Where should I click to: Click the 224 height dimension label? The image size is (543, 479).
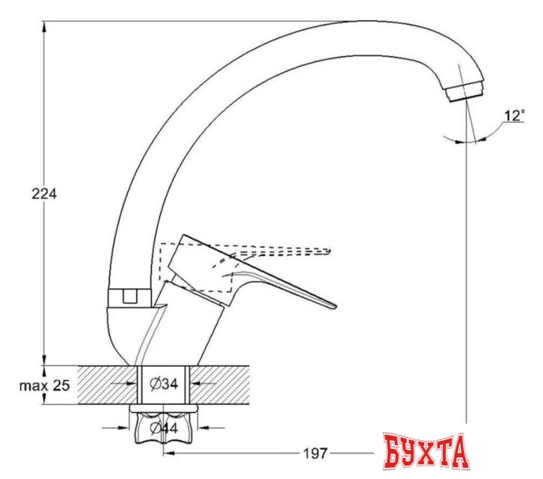click(44, 193)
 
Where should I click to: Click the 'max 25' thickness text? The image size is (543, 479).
click(44, 385)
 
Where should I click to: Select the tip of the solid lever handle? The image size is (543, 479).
click(331, 305)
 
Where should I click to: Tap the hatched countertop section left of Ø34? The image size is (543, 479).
click(97, 385)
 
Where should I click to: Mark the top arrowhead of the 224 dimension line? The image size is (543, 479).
click(45, 26)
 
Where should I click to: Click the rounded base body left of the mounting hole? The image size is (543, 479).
click(123, 329)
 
